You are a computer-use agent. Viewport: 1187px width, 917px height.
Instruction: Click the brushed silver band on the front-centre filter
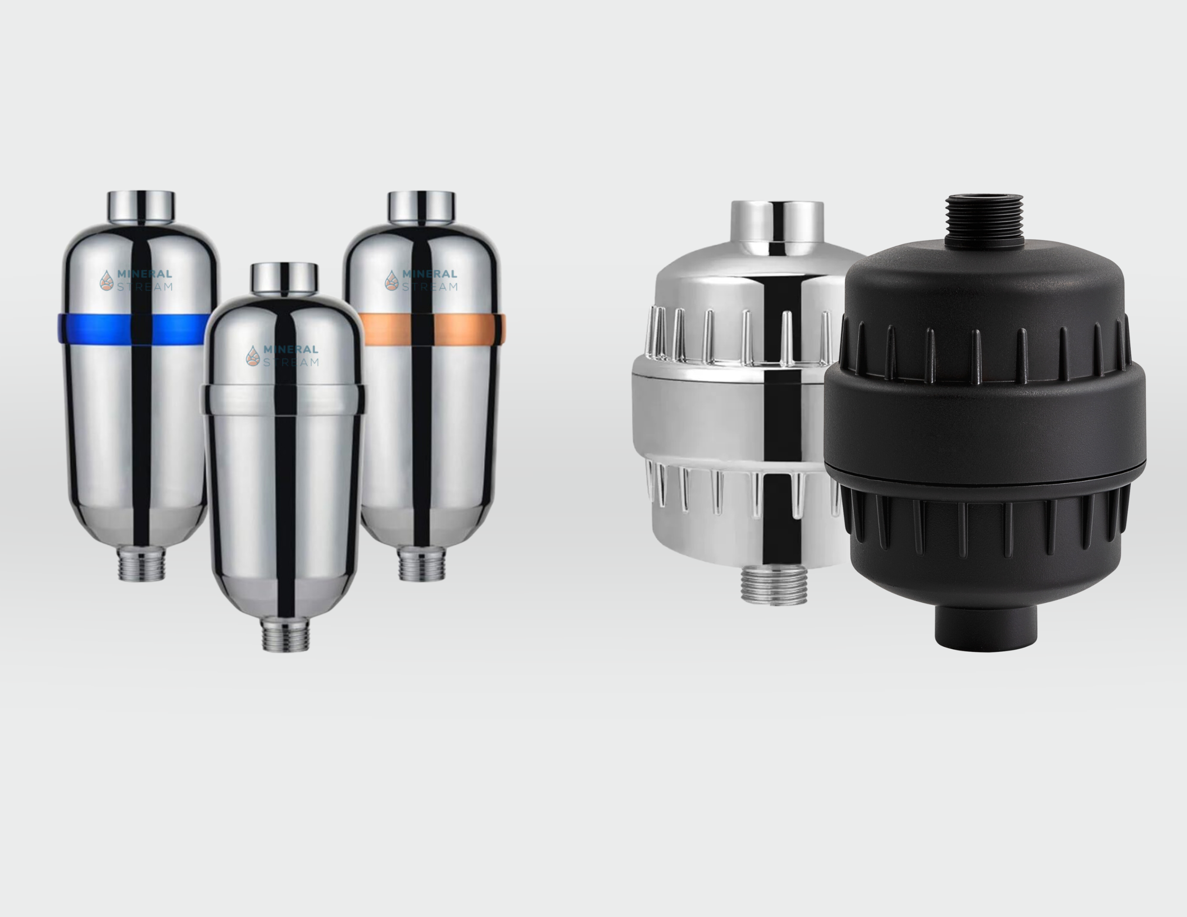coord(284,399)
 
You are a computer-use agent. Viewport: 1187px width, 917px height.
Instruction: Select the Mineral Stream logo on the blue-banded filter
coord(136,280)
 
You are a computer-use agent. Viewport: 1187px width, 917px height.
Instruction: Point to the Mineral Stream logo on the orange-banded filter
coord(421,280)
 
